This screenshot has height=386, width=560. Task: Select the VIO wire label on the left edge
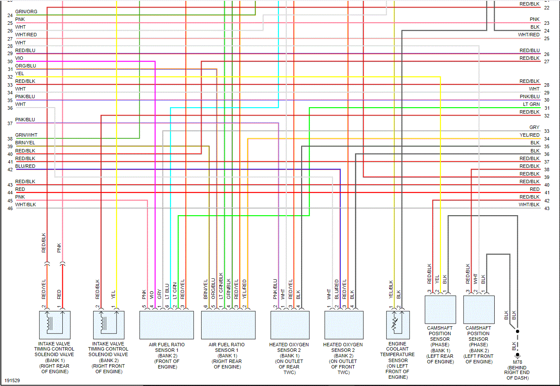point(19,58)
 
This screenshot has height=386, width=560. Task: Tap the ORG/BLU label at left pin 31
point(26,66)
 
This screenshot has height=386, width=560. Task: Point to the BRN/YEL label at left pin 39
point(25,143)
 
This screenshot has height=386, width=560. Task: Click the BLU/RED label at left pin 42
point(25,166)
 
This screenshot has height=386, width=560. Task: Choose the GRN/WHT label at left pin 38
point(26,135)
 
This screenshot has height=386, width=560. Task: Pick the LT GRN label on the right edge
point(531,104)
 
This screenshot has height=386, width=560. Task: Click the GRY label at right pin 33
point(534,127)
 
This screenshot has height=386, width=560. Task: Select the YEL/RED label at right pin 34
point(529,135)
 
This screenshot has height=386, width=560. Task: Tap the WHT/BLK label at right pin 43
point(529,205)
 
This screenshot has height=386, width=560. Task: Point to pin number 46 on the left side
point(10,208)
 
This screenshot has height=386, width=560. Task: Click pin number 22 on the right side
point(547,8)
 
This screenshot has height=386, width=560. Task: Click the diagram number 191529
point(12,380)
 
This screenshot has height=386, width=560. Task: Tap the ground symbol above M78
point(517,354)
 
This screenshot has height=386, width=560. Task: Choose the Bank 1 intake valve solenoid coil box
point(54,325)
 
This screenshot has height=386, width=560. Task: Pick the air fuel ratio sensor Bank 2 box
point(167,325)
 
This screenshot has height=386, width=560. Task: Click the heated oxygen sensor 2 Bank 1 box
point(290,325)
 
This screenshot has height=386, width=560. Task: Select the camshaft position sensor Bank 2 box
point(478,310)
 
